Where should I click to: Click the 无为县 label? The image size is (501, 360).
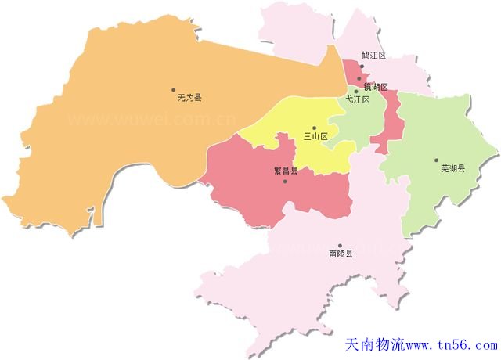click(189, 98)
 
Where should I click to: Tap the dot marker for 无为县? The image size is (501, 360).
click(174, 89)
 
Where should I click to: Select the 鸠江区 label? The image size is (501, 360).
click(374, 56)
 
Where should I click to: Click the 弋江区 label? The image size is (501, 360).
click(358, 100)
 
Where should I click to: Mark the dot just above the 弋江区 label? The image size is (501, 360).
click(356, 92)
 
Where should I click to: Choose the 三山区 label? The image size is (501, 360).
click(315, 136)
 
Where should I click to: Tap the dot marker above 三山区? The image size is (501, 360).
click(314, 128)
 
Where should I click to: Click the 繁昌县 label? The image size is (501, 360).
click(285, 171)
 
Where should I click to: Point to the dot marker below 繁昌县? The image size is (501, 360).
click(285, 182)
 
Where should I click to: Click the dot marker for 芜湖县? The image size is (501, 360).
click(436, 160)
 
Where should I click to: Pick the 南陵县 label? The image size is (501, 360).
click(341, 254)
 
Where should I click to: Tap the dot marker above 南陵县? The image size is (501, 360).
click(339, 245)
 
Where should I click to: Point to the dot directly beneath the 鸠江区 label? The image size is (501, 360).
click(359, 78)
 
